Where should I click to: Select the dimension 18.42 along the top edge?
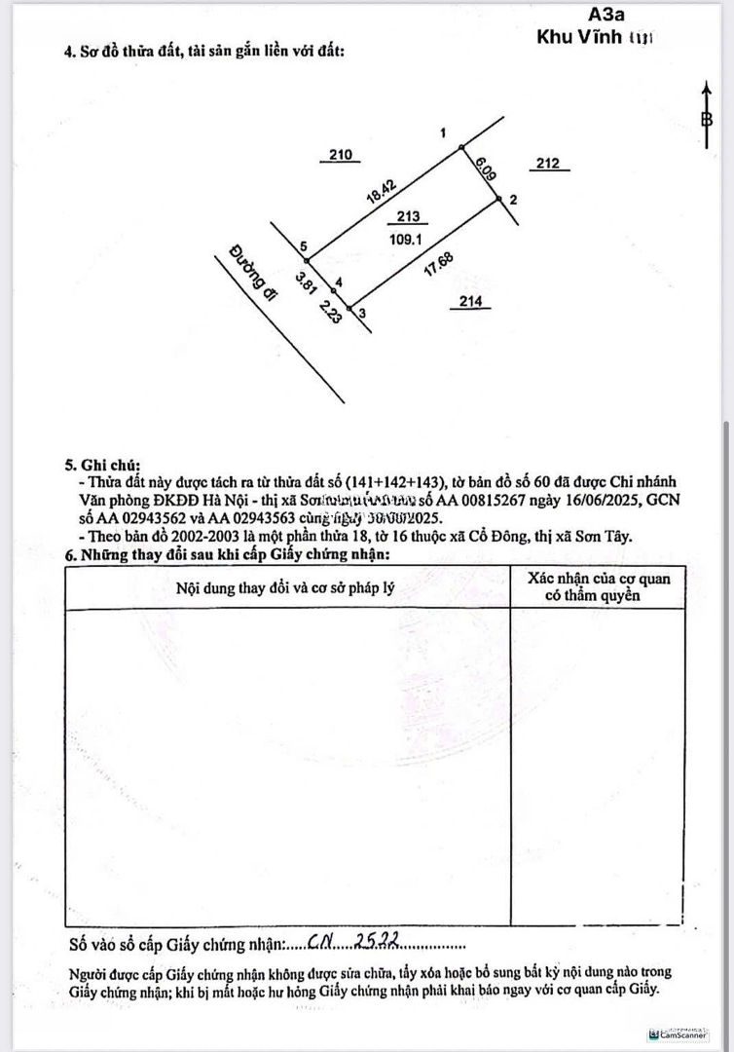380,188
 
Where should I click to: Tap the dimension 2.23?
329,310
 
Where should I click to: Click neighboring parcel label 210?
341,155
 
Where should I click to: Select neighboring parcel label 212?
548,164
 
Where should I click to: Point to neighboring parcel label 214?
471,302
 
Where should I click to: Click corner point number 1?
444,132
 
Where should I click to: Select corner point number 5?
305,246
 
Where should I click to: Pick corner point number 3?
362,313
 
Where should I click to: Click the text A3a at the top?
608,15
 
